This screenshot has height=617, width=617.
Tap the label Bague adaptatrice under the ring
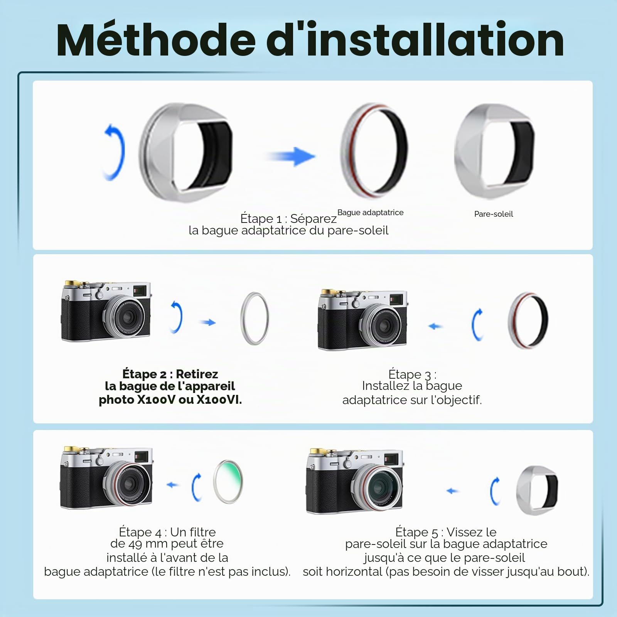click(370, 212)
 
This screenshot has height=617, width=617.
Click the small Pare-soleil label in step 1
click(494, 214)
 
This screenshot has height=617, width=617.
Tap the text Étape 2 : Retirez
click(170, 374)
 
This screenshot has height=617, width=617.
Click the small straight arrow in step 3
click(435, 326)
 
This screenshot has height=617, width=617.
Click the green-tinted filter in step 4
click(228, 482)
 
